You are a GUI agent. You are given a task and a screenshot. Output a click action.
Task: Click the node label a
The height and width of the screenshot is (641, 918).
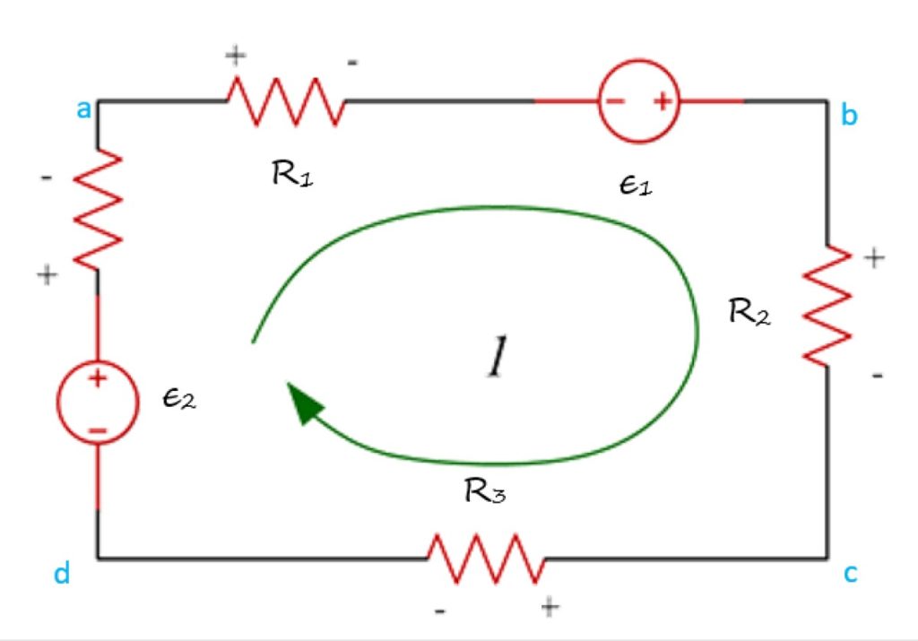click(x=83, y=111)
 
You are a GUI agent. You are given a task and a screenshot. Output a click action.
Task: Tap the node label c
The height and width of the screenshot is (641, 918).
click(x=850, y=573)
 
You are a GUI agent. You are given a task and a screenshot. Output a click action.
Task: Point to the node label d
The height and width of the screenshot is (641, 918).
click(x=62, y=574)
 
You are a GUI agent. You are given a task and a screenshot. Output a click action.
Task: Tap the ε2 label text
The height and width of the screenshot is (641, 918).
click(x=178, y=400)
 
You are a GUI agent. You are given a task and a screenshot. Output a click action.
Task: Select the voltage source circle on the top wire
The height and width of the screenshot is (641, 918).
click(x=639, y=101)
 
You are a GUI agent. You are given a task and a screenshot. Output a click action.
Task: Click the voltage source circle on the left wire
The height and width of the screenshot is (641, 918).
click(x=98, y=402)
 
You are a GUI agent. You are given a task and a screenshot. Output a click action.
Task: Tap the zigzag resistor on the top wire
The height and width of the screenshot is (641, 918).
click(x=285, y=101)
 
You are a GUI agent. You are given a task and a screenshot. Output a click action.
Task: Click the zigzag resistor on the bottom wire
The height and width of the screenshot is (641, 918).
click(x=486, y=559)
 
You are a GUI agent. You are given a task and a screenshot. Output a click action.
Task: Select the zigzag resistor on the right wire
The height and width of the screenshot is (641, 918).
click(x=827, y=305)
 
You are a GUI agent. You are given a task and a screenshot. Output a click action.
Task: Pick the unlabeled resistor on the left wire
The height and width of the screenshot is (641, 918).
click(x=98, y=208)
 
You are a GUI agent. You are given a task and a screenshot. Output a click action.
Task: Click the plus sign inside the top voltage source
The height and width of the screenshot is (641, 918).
click(x=662, y=101)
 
